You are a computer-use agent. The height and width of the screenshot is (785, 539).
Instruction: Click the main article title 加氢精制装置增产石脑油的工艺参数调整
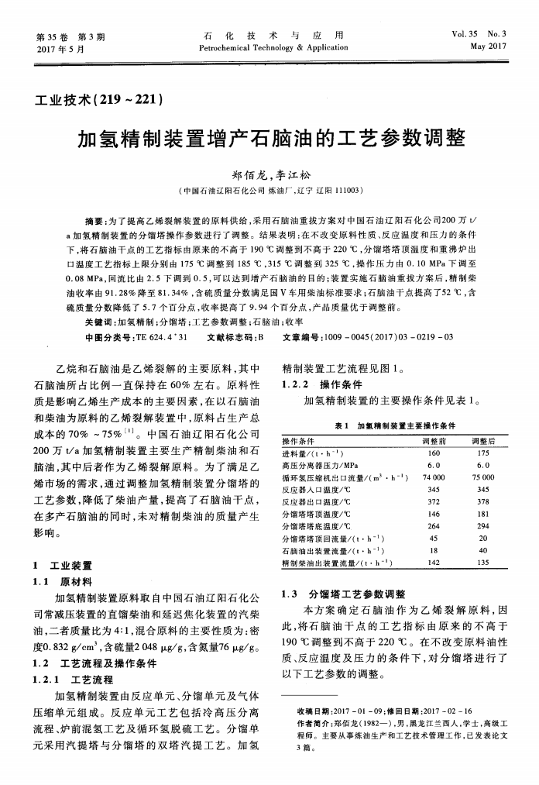coord(271,139)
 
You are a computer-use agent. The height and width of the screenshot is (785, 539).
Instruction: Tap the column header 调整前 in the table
coord(434,441)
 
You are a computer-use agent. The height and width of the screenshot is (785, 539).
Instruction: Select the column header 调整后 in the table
coord(483,441)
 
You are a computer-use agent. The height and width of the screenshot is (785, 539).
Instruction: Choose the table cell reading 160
coord(434,453)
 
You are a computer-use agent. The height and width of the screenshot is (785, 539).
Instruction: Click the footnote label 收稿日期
coord(314,711)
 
